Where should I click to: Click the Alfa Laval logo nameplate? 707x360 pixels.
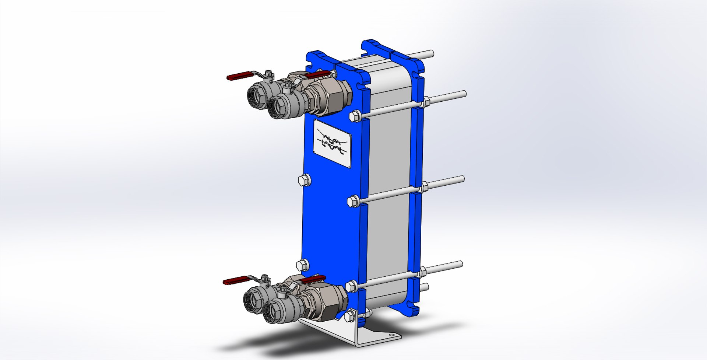tap(332, 143)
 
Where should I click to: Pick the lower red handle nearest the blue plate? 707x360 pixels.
tap(313, 279)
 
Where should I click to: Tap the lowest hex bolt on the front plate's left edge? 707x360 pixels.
tap(302, 265)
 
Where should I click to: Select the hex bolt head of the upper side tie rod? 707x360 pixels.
tap(354, 116)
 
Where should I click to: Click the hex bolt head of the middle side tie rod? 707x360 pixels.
tap(352, 201)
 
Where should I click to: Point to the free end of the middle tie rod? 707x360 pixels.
tap(462, 179)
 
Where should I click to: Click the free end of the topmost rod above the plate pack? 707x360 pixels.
tap(431, 53)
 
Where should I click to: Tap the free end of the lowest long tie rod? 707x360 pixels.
tap(460, 264)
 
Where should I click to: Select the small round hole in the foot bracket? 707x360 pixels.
tap(391, 335)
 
